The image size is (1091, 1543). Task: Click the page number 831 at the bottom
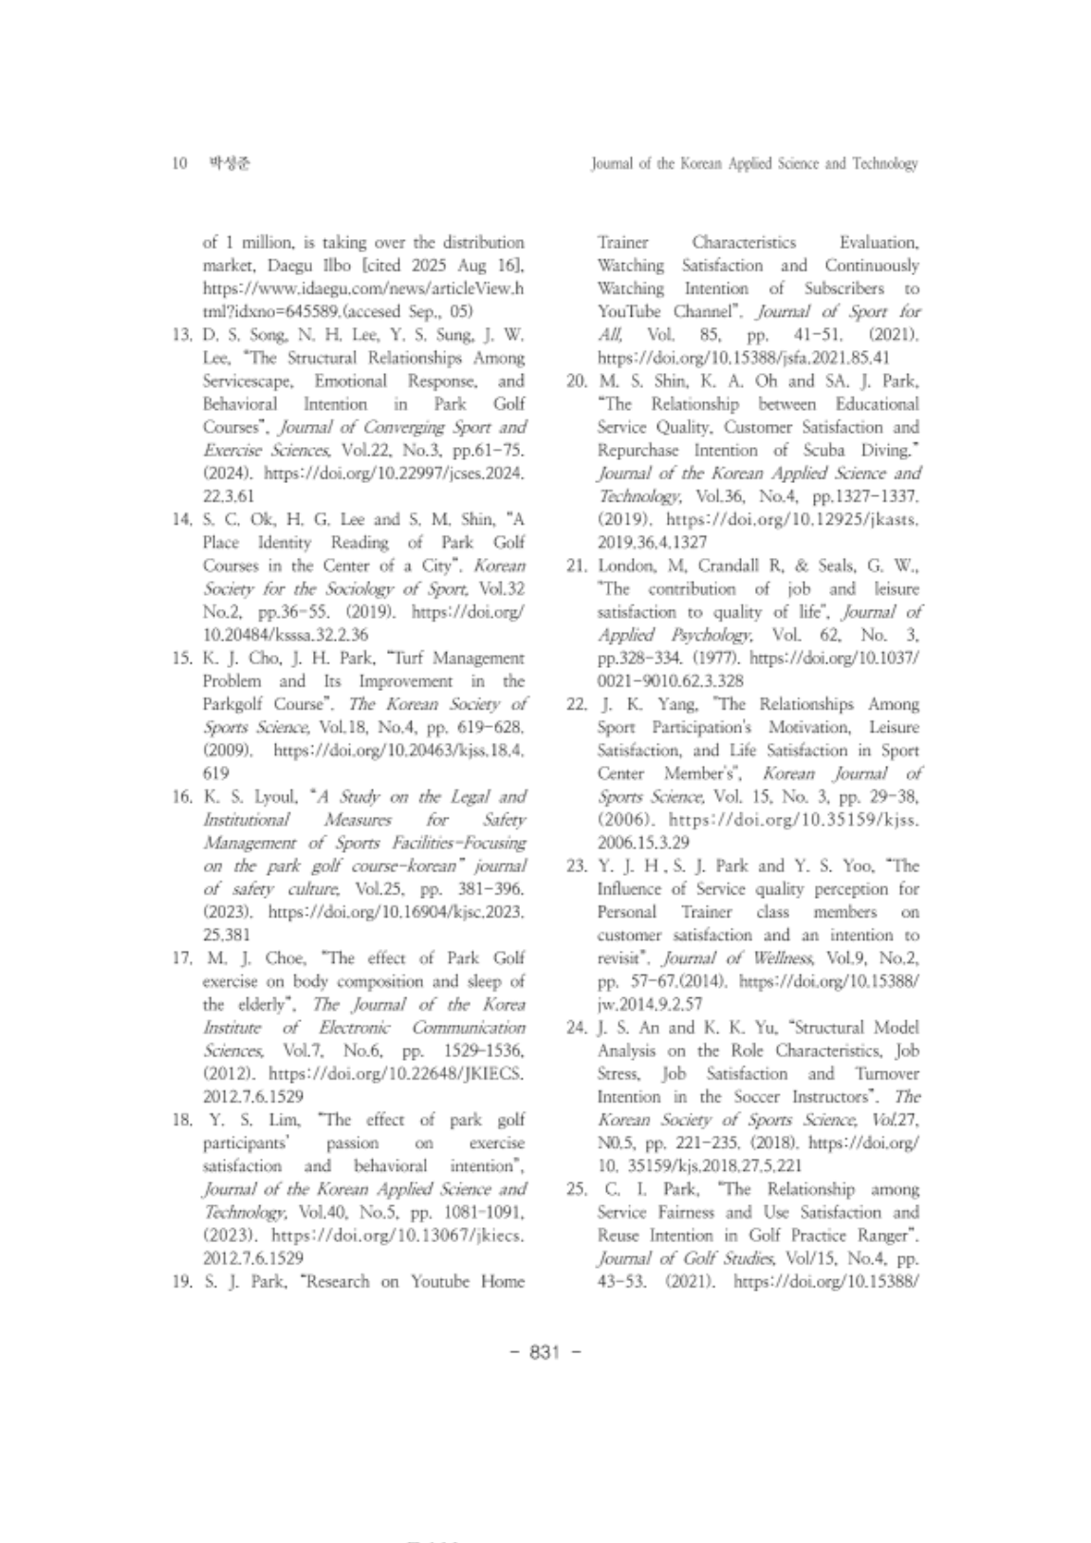click(545, 1352)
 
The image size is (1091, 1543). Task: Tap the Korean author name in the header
click(230, 164)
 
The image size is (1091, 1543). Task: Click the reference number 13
click(182, 335)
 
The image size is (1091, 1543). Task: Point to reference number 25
click(577, 1189)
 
